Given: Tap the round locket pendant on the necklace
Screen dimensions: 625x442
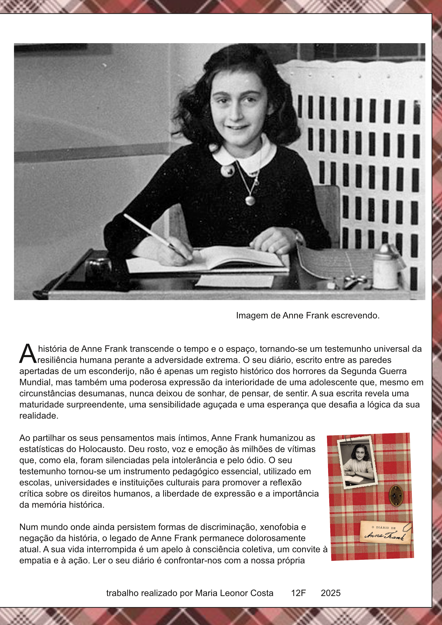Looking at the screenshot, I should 250,200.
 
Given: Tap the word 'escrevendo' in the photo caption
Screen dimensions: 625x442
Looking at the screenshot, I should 355,316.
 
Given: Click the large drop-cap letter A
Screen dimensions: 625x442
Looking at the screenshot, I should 28,354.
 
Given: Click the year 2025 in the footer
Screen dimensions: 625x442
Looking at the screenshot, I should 331,593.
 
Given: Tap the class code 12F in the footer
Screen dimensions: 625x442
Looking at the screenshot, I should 298,593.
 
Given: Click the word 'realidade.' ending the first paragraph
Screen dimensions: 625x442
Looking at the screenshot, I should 39,416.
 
